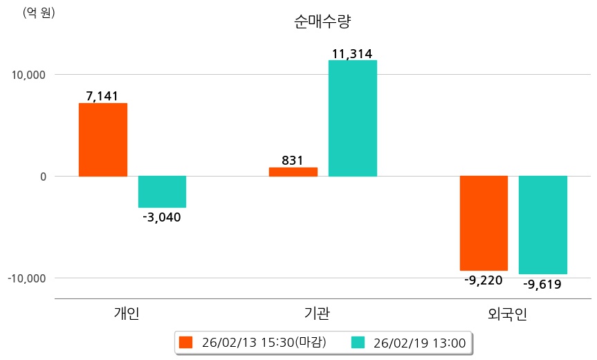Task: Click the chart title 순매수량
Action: click(x=322, y=21)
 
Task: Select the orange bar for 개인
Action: click(x=103, y=140)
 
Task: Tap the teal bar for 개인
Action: click(x=162, y=192)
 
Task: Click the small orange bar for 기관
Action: click(x=293, y=172)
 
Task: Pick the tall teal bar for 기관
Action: click(x=353, y=118)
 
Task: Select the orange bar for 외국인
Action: click(x=484, y=223)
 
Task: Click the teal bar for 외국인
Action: click(x=543, y=225)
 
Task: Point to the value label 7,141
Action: click(x=102, y=96)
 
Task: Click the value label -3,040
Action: click(x=161, y=217)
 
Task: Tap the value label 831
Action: click(x=293, y=161)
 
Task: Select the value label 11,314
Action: click(x=353, y=53)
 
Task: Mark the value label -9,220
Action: click(x=484, y=280)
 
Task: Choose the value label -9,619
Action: click(x=542, y=284)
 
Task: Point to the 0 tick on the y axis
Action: click(x=42, y=177)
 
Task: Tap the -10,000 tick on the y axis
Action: click(x=26, y=278)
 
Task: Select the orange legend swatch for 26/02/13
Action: click(x=185, y=342)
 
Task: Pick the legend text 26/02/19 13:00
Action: click(x=419, y=342)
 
